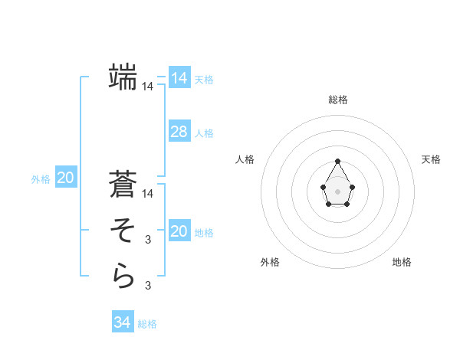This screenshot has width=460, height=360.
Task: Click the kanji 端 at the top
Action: (x=123, y=77)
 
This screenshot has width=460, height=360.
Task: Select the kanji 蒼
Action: (x=123, y=186)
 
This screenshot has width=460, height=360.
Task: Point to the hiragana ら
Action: (x=123, y=276)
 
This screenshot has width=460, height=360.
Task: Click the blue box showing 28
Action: (x=179, y=132)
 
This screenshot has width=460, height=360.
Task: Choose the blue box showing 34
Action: (x=123, y=322)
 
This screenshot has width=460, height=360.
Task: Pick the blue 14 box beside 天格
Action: (x=179, y=78)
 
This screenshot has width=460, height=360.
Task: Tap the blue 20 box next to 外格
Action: (x=66, y=178)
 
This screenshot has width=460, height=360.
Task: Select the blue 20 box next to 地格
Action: (x=179, y=231)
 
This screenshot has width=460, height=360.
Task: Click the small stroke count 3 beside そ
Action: (x=148, y=240)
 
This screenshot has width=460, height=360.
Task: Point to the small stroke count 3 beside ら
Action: (x=148, y=286)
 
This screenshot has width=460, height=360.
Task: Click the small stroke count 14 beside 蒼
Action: (x=148, y=194)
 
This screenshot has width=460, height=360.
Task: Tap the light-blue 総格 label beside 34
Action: (x=147, y=324)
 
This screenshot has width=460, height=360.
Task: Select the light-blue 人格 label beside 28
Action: (x=204, y=133)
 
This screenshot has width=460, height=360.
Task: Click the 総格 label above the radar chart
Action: (x=338, y=100)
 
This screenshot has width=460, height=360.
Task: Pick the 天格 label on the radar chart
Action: (x=431, y=159)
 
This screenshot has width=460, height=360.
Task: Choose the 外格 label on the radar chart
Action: (x=269, y=262)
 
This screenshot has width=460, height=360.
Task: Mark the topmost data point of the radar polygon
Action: (x=338, y=161)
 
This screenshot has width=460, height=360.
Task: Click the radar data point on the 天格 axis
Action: (x=352, y=186)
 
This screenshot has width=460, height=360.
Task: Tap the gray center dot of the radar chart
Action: (x=338, y=191)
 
